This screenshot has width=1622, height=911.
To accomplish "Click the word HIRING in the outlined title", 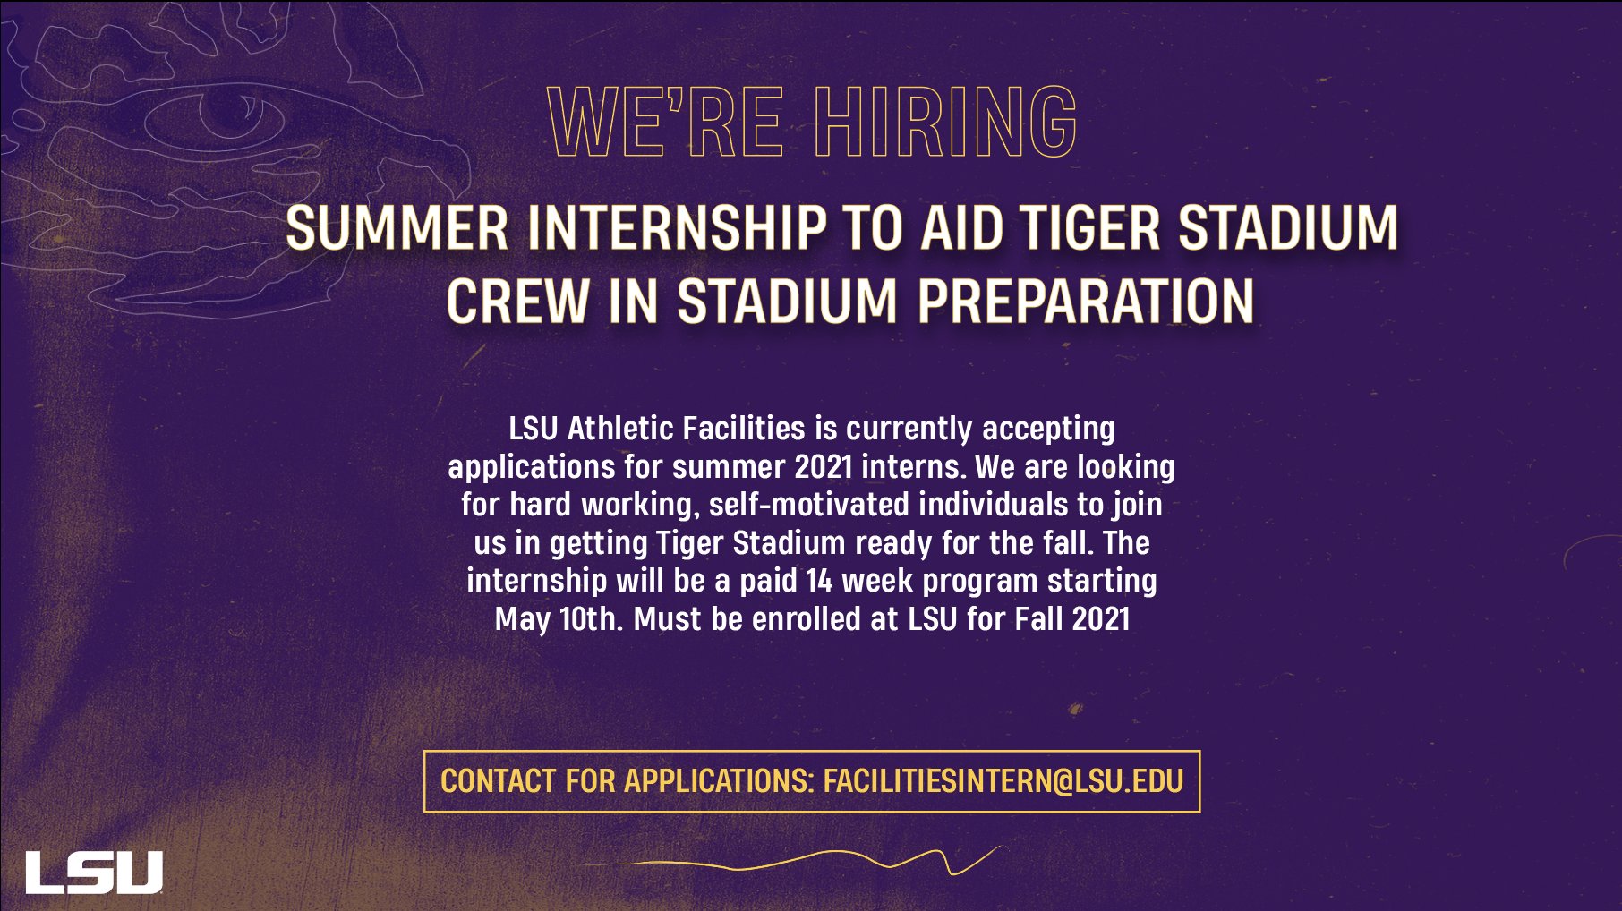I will (945, 122).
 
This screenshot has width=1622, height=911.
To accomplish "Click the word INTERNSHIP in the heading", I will (677, 228).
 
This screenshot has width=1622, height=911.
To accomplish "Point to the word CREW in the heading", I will (517, 301).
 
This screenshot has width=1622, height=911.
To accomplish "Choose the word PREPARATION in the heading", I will (1086, 301).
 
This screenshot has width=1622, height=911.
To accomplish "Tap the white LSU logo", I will (94, 872).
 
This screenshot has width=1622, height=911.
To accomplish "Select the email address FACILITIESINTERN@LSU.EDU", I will (1003, 781).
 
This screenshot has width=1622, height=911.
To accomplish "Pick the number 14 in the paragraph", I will (819, 581).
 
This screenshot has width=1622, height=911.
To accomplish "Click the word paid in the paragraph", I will (767, 581).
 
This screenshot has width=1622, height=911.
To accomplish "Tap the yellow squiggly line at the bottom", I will (806, 862).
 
